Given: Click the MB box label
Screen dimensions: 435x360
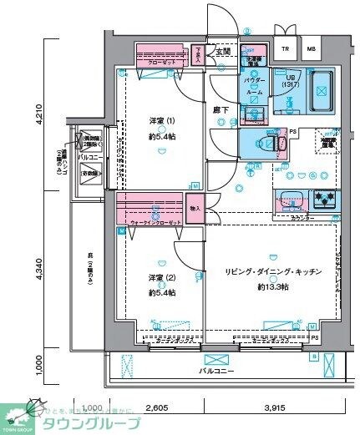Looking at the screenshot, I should [312, 48].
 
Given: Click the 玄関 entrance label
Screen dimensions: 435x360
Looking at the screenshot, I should [223, 52].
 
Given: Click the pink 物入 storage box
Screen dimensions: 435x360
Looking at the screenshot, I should [195, 209].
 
